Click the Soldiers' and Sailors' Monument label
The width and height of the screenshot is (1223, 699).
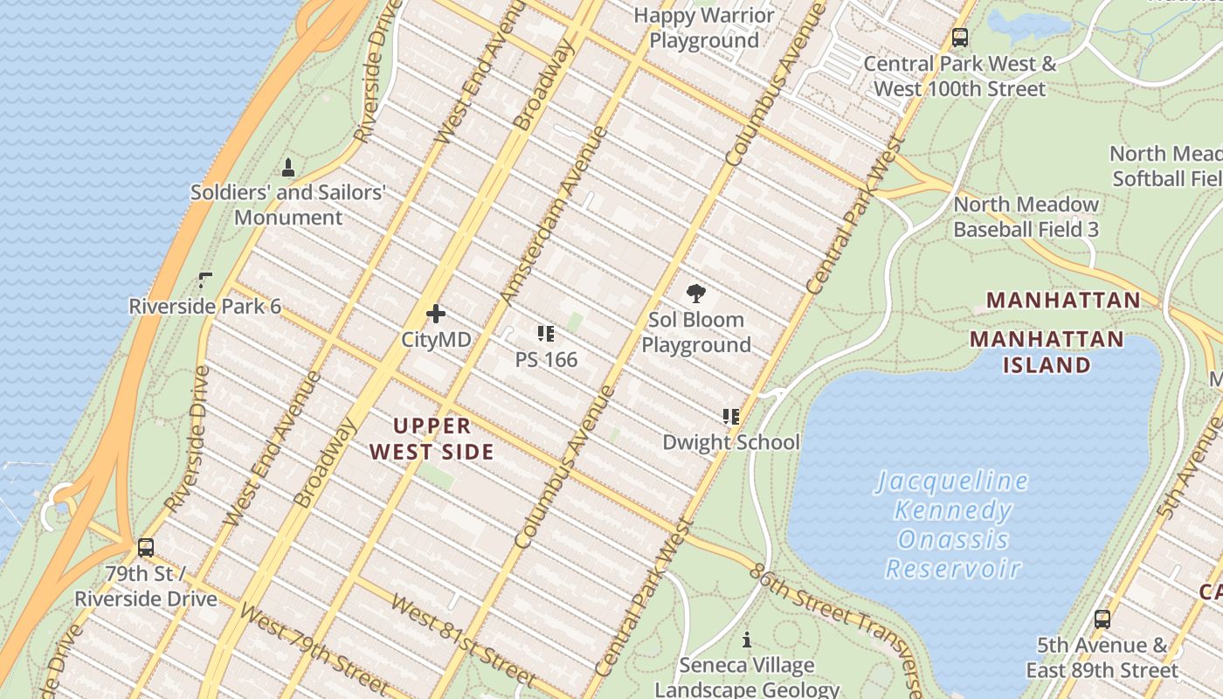click(x=288, y=204)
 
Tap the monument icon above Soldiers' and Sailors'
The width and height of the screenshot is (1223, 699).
click(x=288, y=167)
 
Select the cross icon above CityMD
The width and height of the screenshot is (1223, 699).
click(x=436, y=314)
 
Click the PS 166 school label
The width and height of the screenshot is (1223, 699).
click(x=546, y=359)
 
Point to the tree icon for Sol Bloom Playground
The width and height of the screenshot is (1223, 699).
click(x=696, y=294)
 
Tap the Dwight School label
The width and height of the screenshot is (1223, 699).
click(x=730, y=442)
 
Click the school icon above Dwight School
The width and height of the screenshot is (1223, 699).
click(x=730, y=417)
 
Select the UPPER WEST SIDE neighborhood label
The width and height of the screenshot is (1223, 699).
click(x=432, y=439)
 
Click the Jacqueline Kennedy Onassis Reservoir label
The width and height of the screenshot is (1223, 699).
click(x=952, y=524)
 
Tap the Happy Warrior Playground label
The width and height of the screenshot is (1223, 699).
click(x=704, y=28)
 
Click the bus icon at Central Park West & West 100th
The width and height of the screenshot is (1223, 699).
click(x=960, y=38)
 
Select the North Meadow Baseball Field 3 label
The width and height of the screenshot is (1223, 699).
click(x=1026, y=217)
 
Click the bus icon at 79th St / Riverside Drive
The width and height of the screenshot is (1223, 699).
click(x=146, y=548)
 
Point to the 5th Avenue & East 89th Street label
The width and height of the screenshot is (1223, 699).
click(x=1102, y=658)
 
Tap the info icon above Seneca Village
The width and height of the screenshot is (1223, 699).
click(x=746, y=640)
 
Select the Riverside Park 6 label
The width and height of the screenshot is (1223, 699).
click(x=205, y=306)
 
